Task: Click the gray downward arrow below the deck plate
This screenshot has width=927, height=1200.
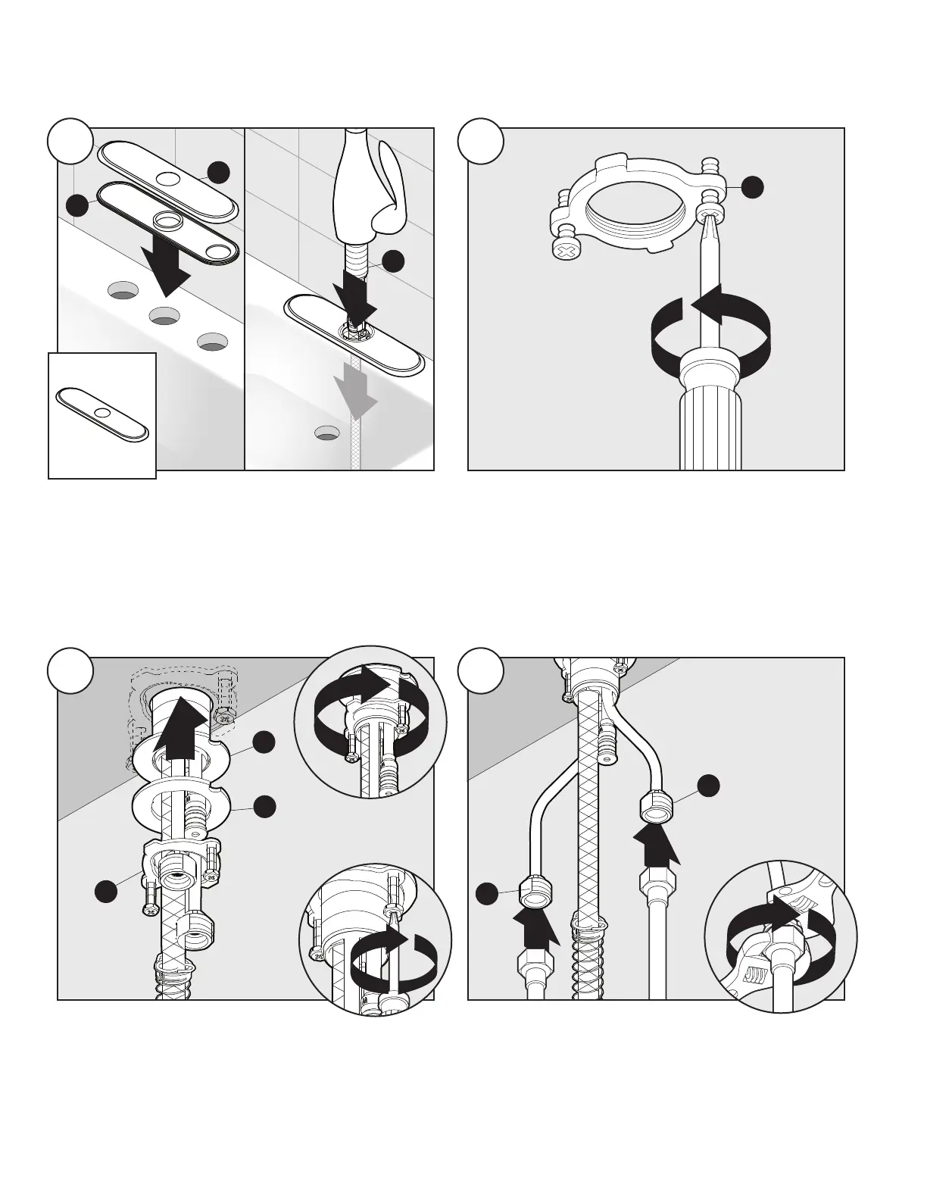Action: pos(356,386)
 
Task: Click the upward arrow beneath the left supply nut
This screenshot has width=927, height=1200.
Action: pos(536,929)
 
